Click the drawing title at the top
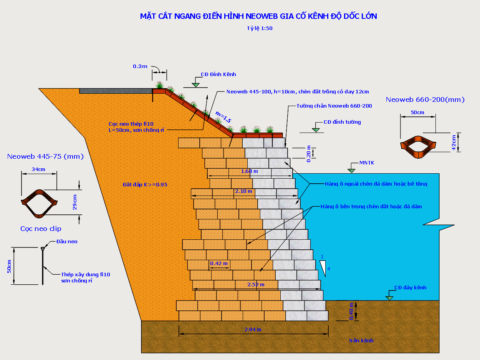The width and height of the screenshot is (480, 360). point(258,16)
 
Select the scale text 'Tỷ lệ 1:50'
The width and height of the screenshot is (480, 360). point(260,28)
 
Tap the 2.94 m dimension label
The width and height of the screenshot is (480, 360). point(253,329)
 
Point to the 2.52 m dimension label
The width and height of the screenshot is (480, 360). point(256,284)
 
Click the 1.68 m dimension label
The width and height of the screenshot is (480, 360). point(249,171)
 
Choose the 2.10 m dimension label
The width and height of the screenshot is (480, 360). point(244,191)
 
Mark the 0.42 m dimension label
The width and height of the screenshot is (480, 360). point(219,263)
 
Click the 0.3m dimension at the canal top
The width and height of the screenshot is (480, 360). point(140,66)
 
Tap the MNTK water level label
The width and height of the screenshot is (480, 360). point(367,163)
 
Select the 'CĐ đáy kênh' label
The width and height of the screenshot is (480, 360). point(410,287)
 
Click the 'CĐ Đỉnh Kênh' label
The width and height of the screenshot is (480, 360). point(218,74)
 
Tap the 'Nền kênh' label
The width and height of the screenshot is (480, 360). point(361,340)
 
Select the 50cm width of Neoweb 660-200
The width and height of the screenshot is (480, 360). point(417,112)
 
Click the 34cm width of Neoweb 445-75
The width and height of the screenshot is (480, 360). point(38,169)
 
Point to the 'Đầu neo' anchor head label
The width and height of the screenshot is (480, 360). point(67,241)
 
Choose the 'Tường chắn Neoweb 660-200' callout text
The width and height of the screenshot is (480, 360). point(334,106)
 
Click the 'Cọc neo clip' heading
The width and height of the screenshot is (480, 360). point(41,229)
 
